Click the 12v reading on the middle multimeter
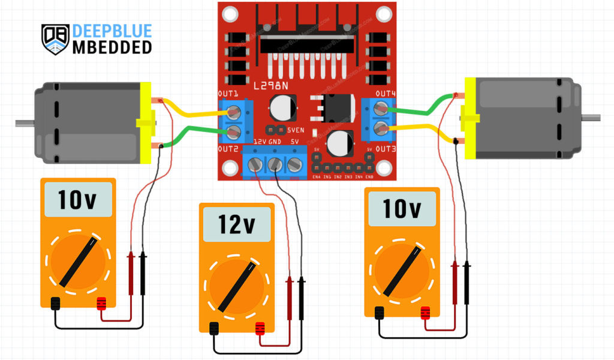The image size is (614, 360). (237, 224)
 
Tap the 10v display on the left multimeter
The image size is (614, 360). (77, 200)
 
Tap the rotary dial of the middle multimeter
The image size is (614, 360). (237, 286)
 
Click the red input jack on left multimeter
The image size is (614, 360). (101, 303)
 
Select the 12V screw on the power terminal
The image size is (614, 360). (256, 165)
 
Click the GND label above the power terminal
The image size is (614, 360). (275, 141)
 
